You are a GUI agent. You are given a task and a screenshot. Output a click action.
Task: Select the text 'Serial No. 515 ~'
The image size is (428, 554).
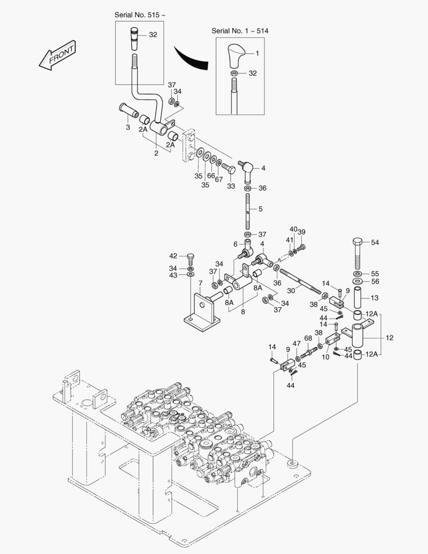tap(140, 15)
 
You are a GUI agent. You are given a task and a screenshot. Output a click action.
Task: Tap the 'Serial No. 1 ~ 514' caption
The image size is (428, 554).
tap(240, 31)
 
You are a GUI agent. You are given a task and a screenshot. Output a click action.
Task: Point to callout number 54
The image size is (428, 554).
tap(375, 242)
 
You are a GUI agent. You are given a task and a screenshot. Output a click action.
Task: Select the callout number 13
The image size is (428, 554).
tap(374, 298)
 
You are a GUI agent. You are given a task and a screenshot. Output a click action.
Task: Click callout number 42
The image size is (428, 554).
tap(173, 255)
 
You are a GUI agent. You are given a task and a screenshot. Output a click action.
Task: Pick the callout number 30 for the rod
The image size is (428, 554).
tap(291, 291)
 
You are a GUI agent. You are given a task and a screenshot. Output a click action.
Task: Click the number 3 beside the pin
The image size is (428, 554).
tap(128, 127)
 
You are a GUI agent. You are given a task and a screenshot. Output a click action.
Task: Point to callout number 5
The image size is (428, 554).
tap(260, 209)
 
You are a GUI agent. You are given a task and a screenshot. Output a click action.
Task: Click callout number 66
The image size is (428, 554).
tap(211, 175)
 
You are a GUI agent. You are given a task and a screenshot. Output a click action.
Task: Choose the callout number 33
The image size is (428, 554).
tap(231, 186)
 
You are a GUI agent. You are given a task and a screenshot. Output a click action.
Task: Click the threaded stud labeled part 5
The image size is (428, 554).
tap(248, 210)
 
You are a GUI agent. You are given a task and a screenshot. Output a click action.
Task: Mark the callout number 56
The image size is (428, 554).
tap(375, 282)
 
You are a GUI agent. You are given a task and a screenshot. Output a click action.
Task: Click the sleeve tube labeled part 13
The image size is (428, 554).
tap(359, 298)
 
